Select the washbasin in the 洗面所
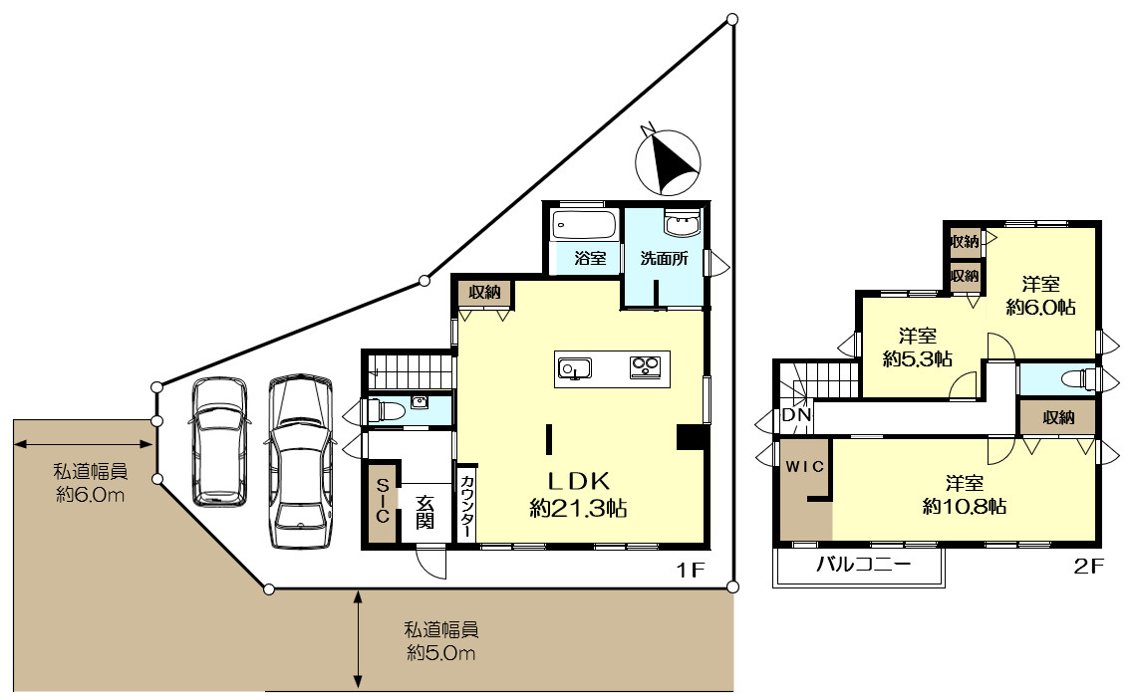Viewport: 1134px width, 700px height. [x=683, y=225]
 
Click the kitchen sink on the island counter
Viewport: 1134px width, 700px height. [x=574, y=369]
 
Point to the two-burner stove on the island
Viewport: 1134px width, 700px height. [x=646, y=368]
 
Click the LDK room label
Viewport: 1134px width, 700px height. [x=577, y=479]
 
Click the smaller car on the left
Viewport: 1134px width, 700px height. [x=218, y=440]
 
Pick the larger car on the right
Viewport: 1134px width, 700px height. [x=299, y=459]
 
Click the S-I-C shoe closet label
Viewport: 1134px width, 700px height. [x=381, y=502]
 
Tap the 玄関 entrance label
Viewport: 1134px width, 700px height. [x=425, y=511]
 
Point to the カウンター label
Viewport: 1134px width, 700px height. [x=466, y=506]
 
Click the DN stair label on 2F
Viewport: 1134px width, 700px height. [x=795, y=415]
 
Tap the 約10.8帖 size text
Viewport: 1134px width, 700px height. [x=965, y=506]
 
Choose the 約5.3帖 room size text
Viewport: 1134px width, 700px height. [x=917, y=358]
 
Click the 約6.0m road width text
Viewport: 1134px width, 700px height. [x=91, y=495]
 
